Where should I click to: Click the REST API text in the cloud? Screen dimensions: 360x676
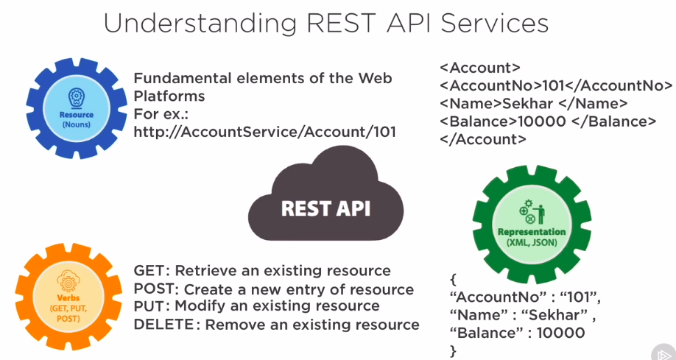click(325, 208)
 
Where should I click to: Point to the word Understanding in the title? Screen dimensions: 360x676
click(197, 23)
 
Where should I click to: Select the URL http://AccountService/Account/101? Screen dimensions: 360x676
click(265, 132)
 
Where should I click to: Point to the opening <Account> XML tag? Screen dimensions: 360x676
click(480, 68)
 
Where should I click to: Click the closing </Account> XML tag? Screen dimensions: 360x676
click(483, 138)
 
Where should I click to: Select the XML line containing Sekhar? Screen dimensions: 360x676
click(533, 103)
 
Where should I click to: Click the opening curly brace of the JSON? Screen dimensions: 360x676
click(453, 280)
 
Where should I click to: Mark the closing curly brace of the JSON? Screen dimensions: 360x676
click(453, 351)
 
